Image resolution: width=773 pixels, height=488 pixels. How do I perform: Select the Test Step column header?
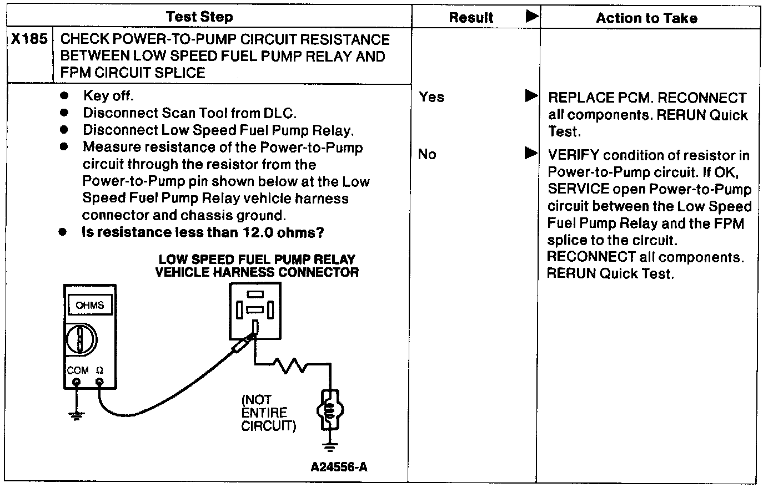199,17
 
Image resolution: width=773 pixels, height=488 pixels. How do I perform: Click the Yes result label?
431,97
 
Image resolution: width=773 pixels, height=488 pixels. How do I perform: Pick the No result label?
427,154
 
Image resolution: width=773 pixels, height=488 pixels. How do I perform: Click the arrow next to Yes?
531,96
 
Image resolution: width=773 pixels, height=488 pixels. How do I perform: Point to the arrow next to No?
531,153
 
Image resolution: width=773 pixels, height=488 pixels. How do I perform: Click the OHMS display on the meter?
89,305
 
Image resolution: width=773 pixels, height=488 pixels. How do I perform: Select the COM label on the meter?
77,370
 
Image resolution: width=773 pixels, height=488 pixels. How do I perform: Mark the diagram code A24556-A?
339,466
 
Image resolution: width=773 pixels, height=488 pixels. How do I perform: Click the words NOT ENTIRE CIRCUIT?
269,413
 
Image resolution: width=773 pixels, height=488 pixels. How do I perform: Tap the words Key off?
108,96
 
